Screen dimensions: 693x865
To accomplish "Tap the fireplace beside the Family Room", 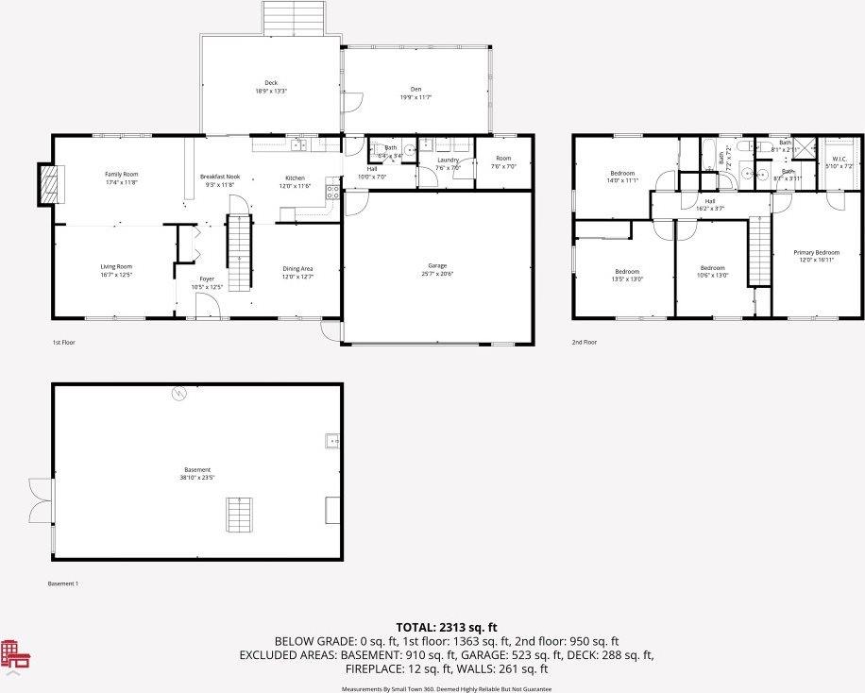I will pyautogui.click(x=47, y=184).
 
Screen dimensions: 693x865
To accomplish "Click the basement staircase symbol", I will pyautogui.click(x=240, y=514).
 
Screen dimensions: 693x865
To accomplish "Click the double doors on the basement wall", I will pyautogui.click(x=39, y=500).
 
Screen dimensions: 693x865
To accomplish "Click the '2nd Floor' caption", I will pyautogui.click(x=585, y=342).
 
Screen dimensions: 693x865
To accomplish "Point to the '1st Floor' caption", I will pyautogui.click(x=63, y=342).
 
